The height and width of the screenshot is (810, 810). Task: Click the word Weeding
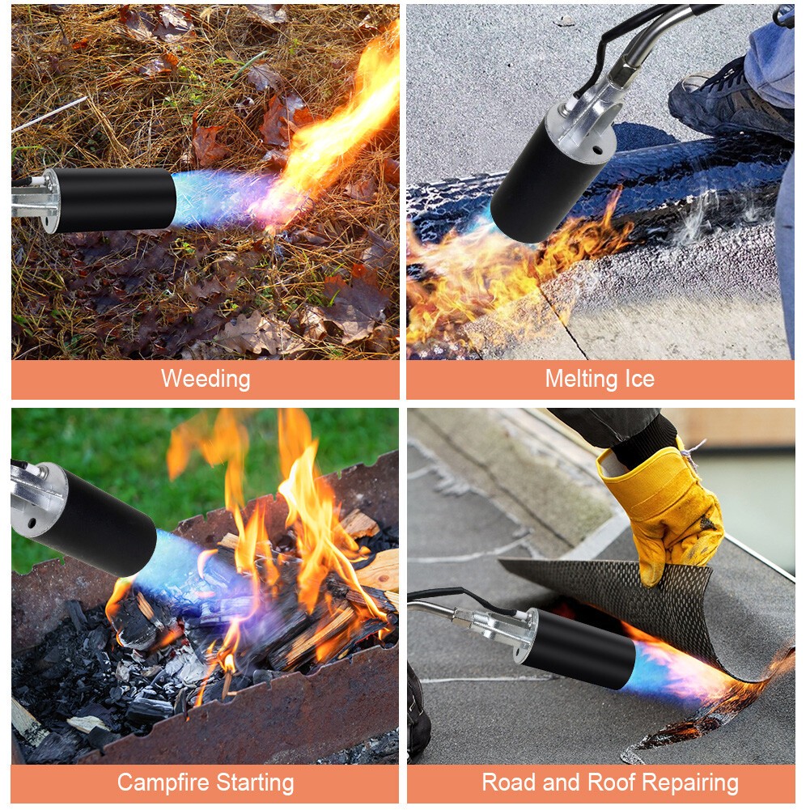[206, 379]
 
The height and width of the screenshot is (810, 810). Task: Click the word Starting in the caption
[256, 782]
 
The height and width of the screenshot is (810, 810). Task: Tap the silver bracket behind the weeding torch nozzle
[36, 201]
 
